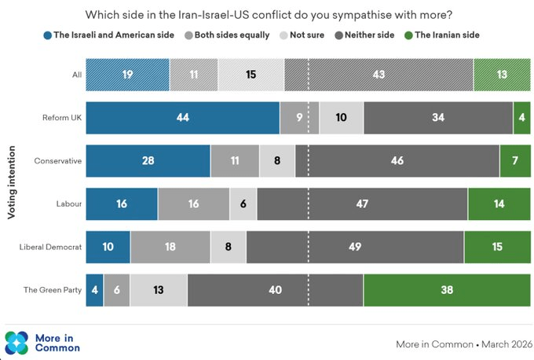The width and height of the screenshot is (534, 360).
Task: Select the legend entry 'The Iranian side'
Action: click(x=444, y=35)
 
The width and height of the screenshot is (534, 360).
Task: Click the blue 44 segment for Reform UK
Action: click(x=182, y=118)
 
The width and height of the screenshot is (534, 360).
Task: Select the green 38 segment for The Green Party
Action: click(x=447, y=290)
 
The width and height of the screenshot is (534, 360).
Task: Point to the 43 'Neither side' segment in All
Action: click(x=379, y=75)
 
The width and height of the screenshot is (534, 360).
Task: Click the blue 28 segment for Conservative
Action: click(x=148, y=161)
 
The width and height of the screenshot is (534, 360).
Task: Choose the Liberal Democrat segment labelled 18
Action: click(x=170, y=247)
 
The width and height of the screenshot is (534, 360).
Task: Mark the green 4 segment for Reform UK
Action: click(x=521, y=118)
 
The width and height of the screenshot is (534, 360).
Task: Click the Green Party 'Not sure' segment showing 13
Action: click(x=159, y=290)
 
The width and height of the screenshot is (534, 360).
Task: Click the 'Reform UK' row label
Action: click(x=62, y=118)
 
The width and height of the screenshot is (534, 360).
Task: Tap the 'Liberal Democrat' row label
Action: click(x=51, y=247)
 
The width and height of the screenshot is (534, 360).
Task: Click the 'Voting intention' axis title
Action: click(x=13, y=182)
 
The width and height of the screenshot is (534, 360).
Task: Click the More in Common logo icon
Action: click(x=16, y=343)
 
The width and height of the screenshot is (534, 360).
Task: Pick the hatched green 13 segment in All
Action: click(x=502, y=75)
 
